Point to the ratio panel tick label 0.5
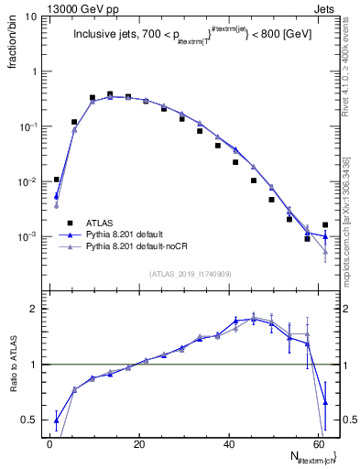[x=30, y=420]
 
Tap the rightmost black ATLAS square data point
[x=325, y=224]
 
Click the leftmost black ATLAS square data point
[x=57, y=180]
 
